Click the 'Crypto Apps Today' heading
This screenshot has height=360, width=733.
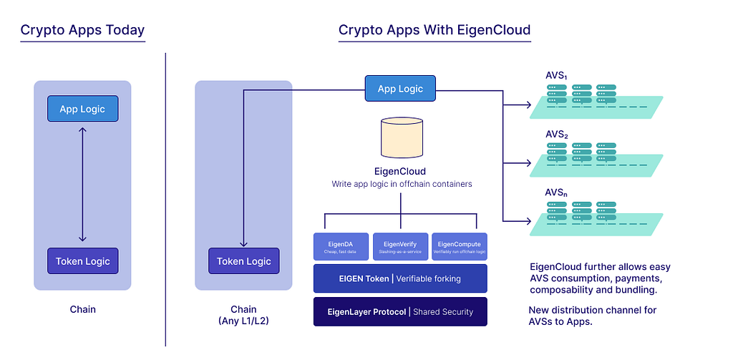pyautogui.click(x=82, y=30)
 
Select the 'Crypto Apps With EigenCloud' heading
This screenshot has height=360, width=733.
pyautogui.click(x=435, y=30)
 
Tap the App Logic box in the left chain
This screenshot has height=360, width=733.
pyautogui.click(x=82, y=109)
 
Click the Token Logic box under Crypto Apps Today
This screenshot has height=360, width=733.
pyautogui.click(x=82, y=261)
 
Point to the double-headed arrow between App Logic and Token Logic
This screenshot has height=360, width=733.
pyautogui.click(x=82, y=185)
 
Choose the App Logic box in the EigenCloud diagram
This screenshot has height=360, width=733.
pyautogui.click(x=400, y=89)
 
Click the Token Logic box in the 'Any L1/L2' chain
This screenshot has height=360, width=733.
pyautogui.click(x=244, y=261)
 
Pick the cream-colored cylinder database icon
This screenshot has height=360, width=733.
pyautogui.click(x=400, y=137)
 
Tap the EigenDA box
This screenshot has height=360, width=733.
pyautogui.click(x=341, y=246)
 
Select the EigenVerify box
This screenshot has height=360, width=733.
pyautogui.click(x=400, y=246)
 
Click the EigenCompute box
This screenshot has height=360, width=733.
pyautogui.click(x=459, y=246)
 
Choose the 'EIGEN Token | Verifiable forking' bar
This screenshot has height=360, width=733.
pyautogui.click(x=400, y=278)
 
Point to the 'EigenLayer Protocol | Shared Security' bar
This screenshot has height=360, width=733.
pyautogui.click(x=400, y=311)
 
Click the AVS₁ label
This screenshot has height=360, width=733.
pyautogui.click(x=556, y=76)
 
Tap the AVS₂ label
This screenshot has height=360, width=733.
pyautogui.click(x=556, y=135)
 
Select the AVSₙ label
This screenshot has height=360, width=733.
pyautogui.click(x=556, y=193)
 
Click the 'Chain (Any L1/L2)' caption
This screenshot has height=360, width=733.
pyautogui.click(x=243, y=315)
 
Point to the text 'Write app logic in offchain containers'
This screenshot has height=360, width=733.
pyautogui.click(x=400, y=185)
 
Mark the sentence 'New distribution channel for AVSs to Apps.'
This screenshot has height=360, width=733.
pyautogui.click(x=592, y=316)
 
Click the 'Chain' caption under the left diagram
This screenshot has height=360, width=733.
pyautogui.click(x=82, y=310)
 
